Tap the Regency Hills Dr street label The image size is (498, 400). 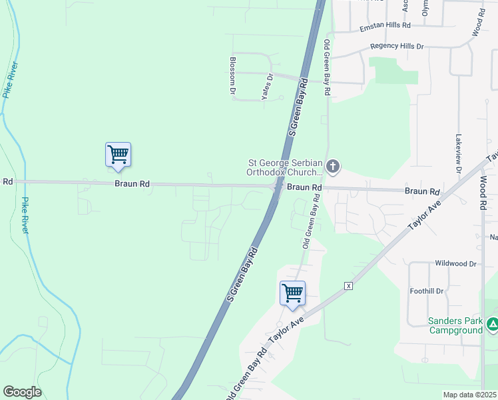pyautogui.click(x=396, y=47)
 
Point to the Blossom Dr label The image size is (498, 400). pyautogui.click(x=233, y=75)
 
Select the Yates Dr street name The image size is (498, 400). pyautogui.click(x=268, y=86)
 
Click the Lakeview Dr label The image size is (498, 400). pyautogui.click(x=458, y=155)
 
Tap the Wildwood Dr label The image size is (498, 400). pyautogui.click(x=455, y=263)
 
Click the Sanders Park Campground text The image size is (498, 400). pyautogui.click(x=455, y=325)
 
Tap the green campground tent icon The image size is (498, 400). pyautogui.click(x=493, y=325)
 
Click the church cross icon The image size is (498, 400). pyautogui.click(x=334, y=166)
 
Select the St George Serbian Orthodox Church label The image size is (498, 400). pyautogui.click(x=285, y=167)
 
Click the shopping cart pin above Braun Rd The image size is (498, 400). pyautogui.click(x=118, y=155)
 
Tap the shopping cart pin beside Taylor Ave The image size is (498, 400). pyautogui.click(x=292, y=293)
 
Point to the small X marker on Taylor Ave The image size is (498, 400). pyautogui.click(x=348, y=286)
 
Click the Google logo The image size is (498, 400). pyautogui.click(x=22, y=392)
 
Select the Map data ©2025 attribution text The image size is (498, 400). pyautogui.click(x=469, y=395)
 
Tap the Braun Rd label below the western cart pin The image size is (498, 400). pyautogui.click(x=131, y=183)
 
